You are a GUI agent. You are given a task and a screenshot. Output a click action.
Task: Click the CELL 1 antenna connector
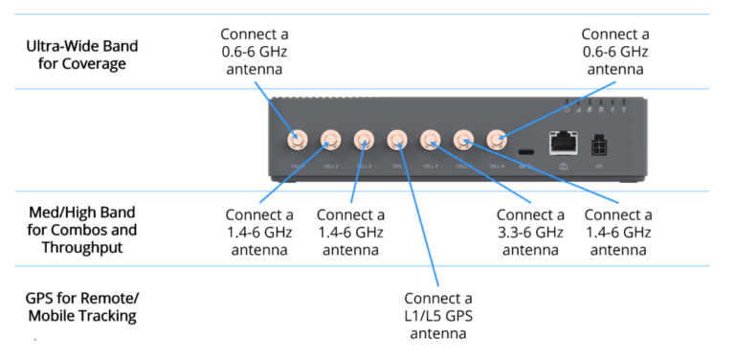[x=298, y=140]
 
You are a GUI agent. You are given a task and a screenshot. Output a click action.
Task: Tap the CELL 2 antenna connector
[x=330, y=140]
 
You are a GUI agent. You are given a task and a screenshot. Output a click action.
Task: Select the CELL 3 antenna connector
[x=364, y=140]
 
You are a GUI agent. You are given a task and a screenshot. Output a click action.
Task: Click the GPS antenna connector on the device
[x=397, y=140]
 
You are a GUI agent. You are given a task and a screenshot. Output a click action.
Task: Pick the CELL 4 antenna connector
[x=431, y=140]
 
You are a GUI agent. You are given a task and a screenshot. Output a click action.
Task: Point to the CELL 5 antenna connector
[x=464, y=140]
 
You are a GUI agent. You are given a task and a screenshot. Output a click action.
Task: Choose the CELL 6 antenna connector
[x=497, y=140]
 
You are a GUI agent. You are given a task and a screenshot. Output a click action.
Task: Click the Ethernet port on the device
[x=562, y=143]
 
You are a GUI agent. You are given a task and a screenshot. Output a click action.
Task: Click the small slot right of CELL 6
[x=525, y=151]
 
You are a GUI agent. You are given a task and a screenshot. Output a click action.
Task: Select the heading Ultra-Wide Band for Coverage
[x=81, y=55]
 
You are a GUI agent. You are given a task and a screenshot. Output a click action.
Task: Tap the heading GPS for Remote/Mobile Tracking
[x=81, y=306]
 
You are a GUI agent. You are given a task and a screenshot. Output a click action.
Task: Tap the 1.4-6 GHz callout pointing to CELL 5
[x=617, y=233]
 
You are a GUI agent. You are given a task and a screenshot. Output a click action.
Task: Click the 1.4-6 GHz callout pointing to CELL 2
[x=258, y=233]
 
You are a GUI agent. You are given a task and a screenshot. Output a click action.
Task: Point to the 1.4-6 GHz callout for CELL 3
[x=349, y=233]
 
